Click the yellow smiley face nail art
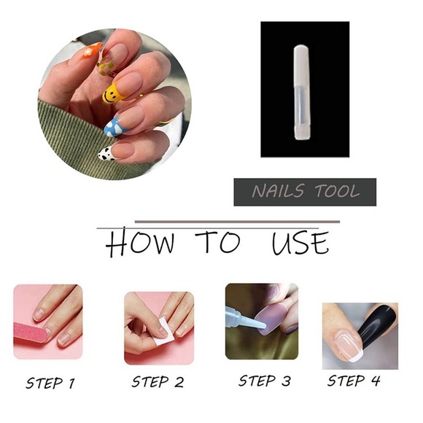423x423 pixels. click(112, 93)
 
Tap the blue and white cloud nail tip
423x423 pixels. click(114, 128)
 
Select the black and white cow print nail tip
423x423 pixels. click(106, 153)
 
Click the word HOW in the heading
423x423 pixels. click(140, 244)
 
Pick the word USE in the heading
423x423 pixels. click(300, 243)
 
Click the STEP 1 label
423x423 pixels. click(50, 383)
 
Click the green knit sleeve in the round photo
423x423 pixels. click(73, 139)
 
